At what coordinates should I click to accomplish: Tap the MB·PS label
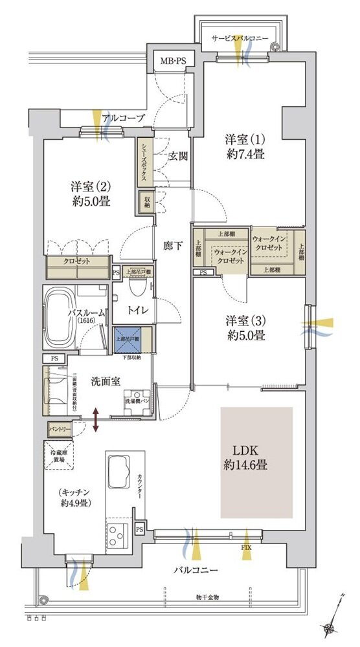[174, 61]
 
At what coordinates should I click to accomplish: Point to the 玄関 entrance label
[179, 155]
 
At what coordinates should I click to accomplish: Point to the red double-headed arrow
[96, 419]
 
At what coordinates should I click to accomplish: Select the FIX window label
[246, 548]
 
